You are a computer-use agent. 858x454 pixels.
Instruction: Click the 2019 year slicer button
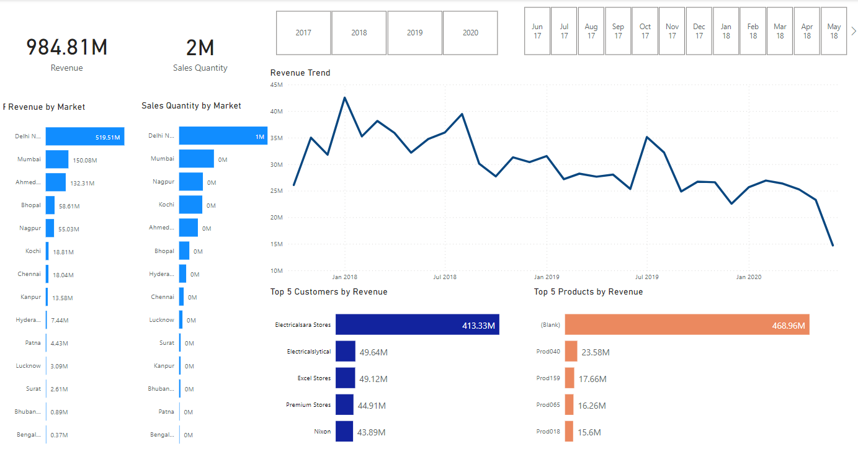[x=414, y=33]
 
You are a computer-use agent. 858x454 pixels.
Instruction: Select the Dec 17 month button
[x=699, y=32]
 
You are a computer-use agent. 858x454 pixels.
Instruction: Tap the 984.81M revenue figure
[x=66, y=48]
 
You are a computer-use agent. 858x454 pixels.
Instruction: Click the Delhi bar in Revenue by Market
[x=84, y=136]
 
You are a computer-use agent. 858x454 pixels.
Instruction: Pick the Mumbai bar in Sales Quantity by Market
[x=196, y=159]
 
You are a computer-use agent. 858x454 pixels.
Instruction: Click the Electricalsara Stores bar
[x=417, y=324]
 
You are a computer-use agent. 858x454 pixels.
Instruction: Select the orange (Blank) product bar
[x=687, y=324]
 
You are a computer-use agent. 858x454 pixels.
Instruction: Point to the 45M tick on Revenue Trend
[x=276, y=85]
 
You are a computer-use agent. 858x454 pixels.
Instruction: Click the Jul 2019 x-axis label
[x=647, y=277]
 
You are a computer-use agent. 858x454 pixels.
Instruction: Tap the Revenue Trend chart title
[x=300, y=73]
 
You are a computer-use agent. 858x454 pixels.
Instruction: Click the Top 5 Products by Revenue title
[x=588, y=292]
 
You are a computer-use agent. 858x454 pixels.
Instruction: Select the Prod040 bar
[x=571, y=352]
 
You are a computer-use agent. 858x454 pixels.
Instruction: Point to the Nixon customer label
[x=322, y=432]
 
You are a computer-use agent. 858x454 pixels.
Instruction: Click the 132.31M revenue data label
[x=82, y=183]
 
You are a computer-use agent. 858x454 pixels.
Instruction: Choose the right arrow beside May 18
[x=854, y=31]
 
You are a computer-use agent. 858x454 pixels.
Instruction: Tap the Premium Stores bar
[x=344, y=405]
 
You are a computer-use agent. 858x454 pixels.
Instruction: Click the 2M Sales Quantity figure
[x=200, y=48]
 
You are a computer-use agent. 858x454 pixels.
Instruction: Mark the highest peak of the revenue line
[x=344, y=97]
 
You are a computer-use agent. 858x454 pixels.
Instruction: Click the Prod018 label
[x=548, y=432]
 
